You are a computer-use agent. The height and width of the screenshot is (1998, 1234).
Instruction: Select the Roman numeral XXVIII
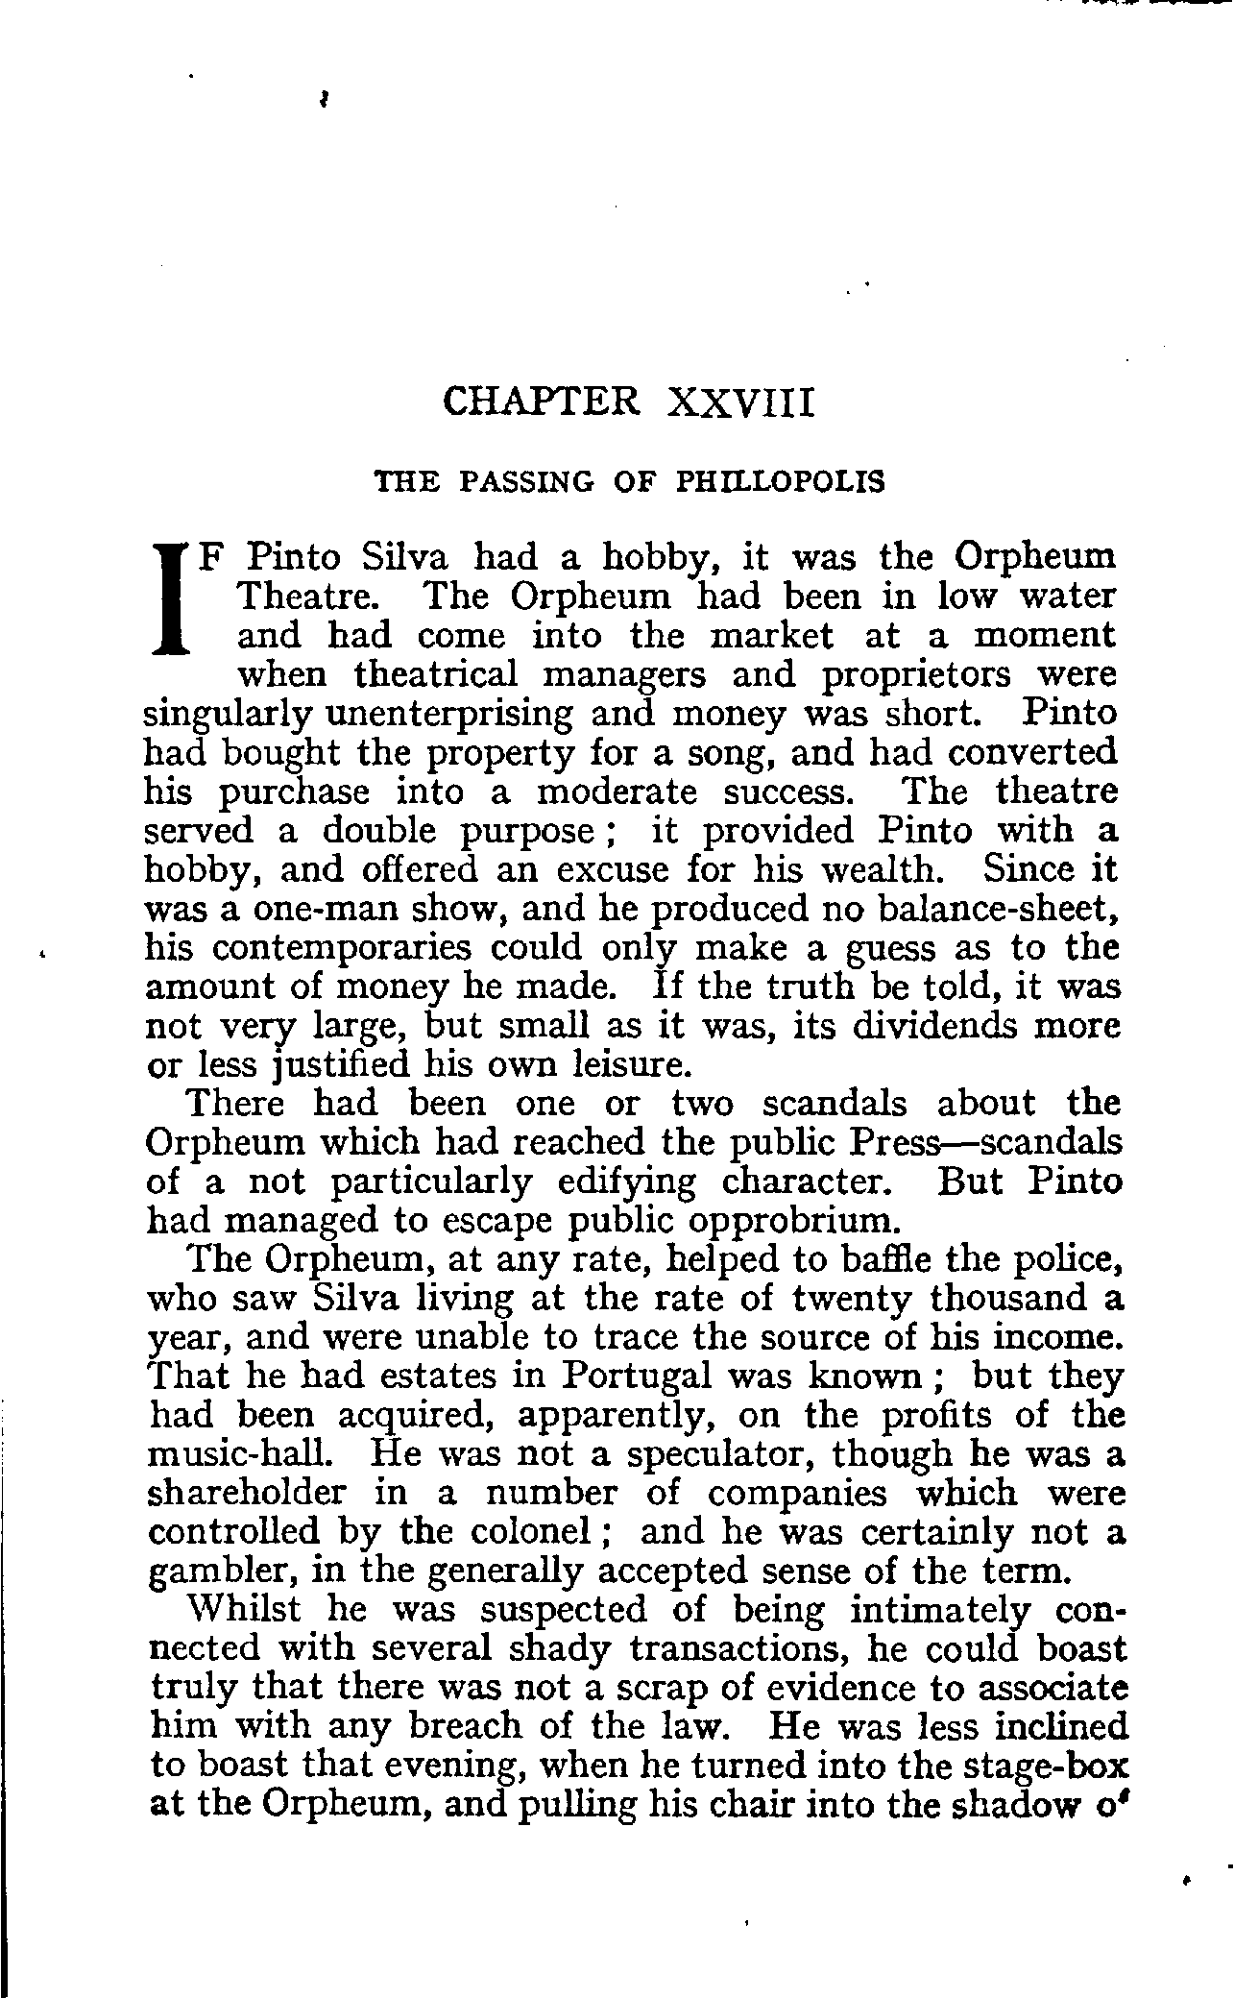pos(739,402)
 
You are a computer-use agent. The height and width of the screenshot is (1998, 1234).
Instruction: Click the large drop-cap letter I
pos(169,598)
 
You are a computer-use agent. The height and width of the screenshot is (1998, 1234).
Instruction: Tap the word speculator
pos(716,1454)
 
